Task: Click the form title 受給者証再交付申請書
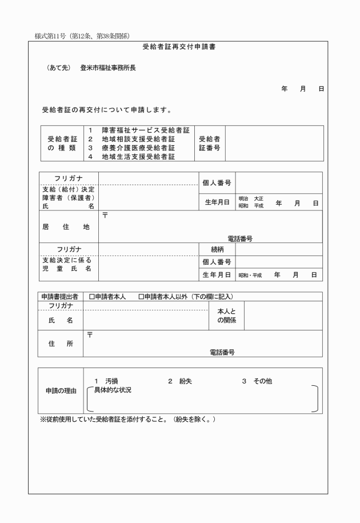click(x=179, y=47)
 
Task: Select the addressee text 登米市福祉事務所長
click(x=108, y=68)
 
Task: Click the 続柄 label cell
click(x=217, y=249)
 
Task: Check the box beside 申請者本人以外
click(x=141, y=297)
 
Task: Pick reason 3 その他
click(x=261, y=381)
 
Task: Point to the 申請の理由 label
click(x=62, y=391)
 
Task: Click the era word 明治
click(x=243, y=199)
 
